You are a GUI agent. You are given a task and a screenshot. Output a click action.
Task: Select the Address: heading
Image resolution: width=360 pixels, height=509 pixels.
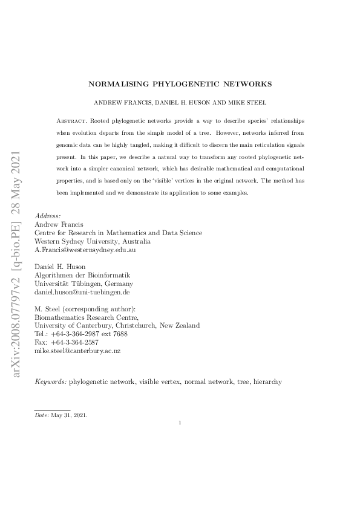pyautogui.click(x=47, y=216)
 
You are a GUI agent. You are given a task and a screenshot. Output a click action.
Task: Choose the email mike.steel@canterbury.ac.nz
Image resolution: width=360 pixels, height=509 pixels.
pyautogui.click(x=78, y=351)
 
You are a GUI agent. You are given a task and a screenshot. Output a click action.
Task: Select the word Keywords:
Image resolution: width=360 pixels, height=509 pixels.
pyautogui.click(x=51, y=382)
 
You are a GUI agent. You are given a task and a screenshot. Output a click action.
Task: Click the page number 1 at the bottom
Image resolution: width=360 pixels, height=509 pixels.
pyautogui.click(x=180, y=423)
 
